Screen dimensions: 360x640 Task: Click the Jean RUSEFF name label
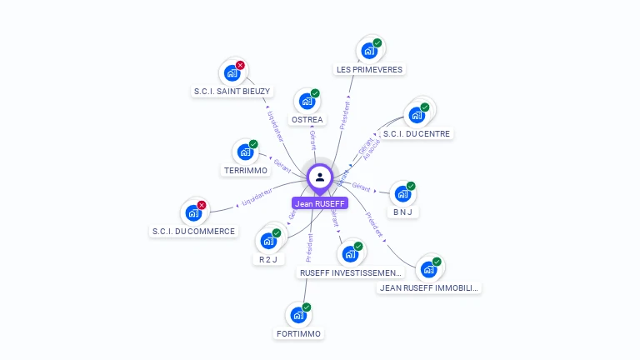(320, 203)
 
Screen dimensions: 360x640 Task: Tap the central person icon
(320, 177)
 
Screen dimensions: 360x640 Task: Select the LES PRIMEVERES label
(368, 70)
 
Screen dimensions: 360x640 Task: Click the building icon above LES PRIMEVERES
(368, 51)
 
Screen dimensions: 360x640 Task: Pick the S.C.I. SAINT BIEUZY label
(232, 92)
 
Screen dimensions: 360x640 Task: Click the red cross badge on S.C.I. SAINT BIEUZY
(240, 65)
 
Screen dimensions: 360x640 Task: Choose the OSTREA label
(307, 120)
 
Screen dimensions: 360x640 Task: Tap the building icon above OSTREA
(307, 102)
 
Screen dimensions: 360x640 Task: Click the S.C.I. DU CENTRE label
(417, 133)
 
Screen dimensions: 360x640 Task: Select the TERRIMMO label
(246, 171)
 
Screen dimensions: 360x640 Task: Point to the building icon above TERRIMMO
(245, 152)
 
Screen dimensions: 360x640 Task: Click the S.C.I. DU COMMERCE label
(194, 231)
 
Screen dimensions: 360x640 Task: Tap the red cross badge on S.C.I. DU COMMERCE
(201, 205)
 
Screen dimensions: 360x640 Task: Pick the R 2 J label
(267, 259)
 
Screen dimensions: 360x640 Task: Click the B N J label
(403, 212)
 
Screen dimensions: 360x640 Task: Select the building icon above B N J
(403, 194)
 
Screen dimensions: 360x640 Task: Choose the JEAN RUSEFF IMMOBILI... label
(429, 288)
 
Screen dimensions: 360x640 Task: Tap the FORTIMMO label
(298, 334)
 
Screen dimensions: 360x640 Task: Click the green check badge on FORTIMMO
(306, 308)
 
